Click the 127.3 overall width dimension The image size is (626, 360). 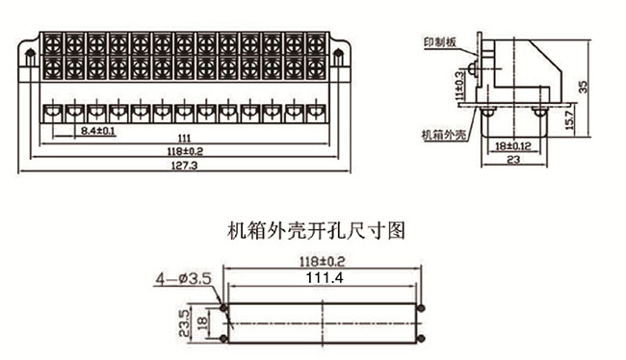point(184,166)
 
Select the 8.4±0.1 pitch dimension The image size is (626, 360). point(98,131)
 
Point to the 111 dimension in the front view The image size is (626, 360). point(184,139)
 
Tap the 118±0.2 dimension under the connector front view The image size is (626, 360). point(185,151)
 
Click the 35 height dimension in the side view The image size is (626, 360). point(584,87)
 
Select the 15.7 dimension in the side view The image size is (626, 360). point(570,119)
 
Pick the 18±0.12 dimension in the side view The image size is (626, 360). point(513,146)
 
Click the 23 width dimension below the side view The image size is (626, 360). point(513,160)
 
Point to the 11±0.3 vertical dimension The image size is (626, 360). point(460,85)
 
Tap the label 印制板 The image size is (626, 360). point(440,42)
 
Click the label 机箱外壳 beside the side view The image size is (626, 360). point(444,135)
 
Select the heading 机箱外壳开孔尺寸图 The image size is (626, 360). point(316,231)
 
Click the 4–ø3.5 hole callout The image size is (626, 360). point(183,278)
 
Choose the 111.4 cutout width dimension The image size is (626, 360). point(325,277)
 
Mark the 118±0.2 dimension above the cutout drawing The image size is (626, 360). point(322,262)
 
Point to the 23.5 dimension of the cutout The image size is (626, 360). point(184,323)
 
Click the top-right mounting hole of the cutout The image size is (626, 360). point(421,308)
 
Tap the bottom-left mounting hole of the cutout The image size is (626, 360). point(224,339)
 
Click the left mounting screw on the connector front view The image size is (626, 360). point(30,58)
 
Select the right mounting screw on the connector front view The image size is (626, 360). point(338,58)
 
